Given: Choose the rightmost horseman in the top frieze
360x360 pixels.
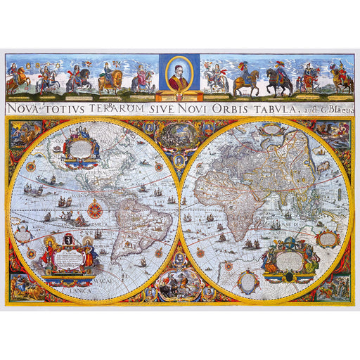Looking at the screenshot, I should coord(342,79).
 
